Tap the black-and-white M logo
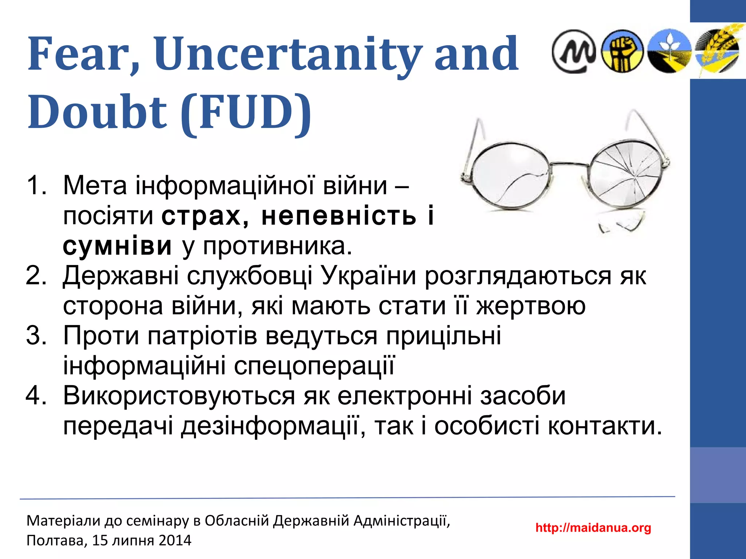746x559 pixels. pyautogui.click(x=573, y=52)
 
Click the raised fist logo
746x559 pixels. pyautogui.click(x=622, y=51)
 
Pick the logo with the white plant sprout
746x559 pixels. pyautogui.click(x=670, y=51)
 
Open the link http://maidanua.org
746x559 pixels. pyautogui.click(x=593, y=528)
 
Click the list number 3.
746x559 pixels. pyautogui.click(x=36, y=336)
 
